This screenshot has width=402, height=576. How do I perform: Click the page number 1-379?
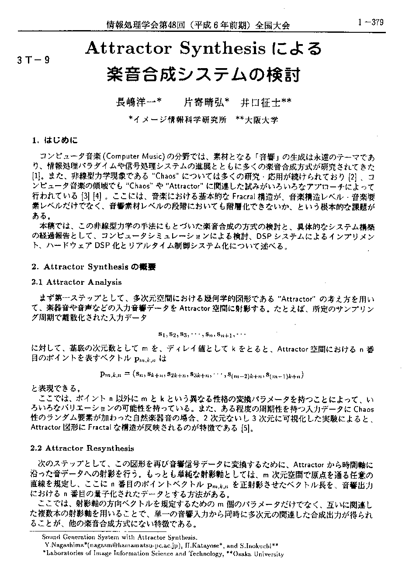(371, 23)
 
